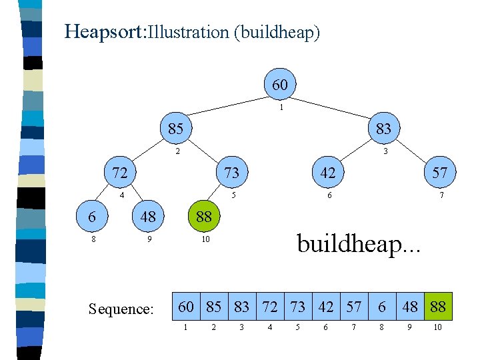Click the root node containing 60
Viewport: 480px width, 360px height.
coord(280,85)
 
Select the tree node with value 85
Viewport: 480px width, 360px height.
coord(175,128)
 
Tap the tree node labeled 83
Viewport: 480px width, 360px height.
coord(383,128)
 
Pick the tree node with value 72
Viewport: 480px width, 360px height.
coord(120,173)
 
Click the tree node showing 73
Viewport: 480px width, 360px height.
coord(231,173)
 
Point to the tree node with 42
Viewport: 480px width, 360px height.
coord(327,173)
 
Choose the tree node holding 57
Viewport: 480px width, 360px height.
coord(439,173)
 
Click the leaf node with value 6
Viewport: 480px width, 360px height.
coord(91,217)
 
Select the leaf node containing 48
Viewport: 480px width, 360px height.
coord(148,217)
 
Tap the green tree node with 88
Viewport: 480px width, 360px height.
coord(203,217)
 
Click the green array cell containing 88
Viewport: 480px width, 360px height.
coord(438,306)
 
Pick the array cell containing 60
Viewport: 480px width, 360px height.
coord(187,306)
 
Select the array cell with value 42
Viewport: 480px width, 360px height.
coord(326,306)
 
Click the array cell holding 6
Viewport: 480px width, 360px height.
coord(382,306)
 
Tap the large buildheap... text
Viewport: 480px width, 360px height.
coord(359,243)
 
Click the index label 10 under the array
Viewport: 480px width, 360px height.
coord(438,327)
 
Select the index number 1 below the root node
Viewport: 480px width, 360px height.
coord(281,107)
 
